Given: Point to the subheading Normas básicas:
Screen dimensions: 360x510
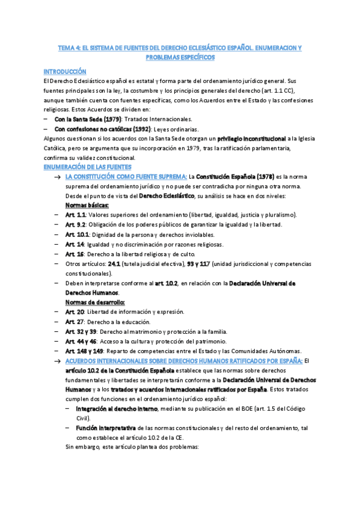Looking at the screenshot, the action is (84, 205).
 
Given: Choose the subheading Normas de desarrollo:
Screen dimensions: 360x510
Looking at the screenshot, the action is (91, 302).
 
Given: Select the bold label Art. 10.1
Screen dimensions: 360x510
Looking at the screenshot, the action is (76, 235).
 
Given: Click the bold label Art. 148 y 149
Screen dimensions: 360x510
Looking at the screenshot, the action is (84, 351).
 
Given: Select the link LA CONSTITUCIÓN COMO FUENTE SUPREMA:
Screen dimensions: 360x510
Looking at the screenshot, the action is (126, 176).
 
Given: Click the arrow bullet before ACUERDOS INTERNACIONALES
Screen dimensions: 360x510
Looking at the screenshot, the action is (57, 361).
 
